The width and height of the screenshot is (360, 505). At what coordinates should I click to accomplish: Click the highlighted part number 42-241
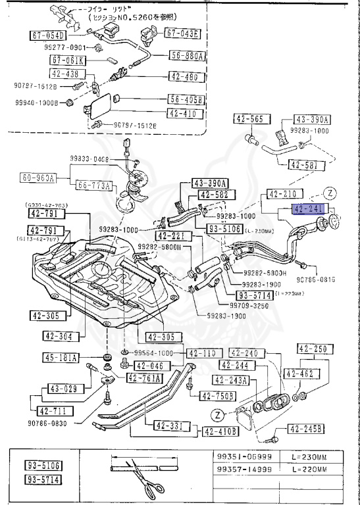(x=308, y=210)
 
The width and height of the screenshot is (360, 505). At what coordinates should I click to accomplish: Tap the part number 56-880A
(x=188, y=56)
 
